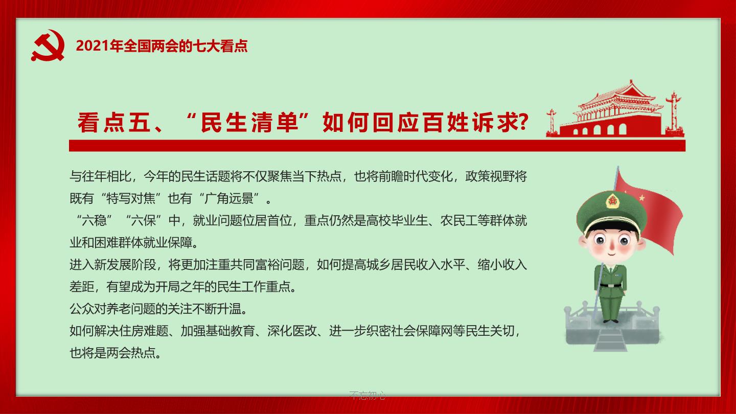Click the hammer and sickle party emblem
(48, 45)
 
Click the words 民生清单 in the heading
(249, 123)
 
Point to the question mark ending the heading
(523, 122)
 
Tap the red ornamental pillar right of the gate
(674, 113)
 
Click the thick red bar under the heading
(377, 146)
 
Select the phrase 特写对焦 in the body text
(131, 198)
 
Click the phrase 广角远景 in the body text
(229, 198)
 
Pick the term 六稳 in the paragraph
(94, 220)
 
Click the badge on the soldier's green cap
(612, 201)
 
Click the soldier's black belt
(611, 285)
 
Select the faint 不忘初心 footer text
(367, 395)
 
